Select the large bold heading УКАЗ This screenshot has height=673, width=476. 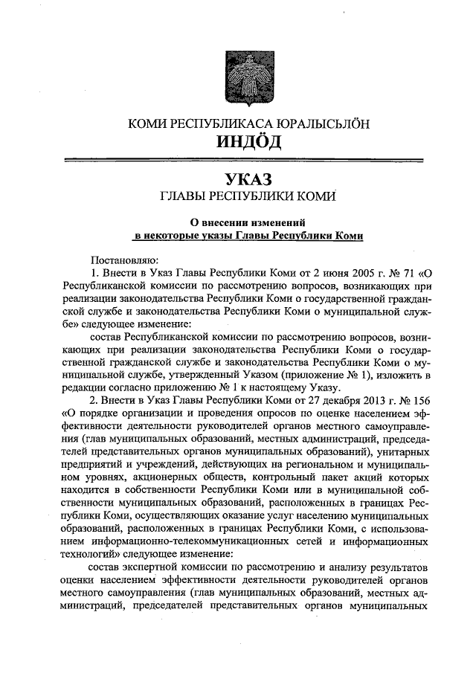[x=239, y=179]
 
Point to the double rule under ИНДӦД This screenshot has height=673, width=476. [x=238, y=158]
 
